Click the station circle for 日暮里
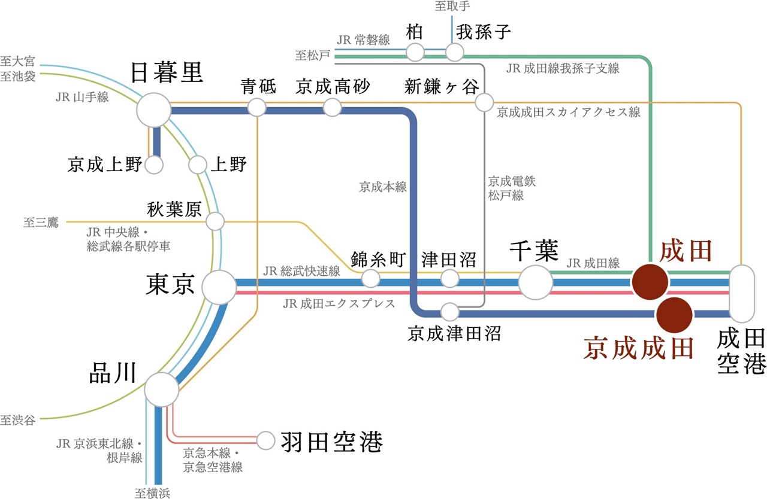point(154,110)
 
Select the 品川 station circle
point(162,390)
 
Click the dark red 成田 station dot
point(651,281)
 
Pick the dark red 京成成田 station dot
point(674,314)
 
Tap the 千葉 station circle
point(536,282)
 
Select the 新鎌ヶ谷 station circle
point(484,102)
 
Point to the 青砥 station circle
point(257,108)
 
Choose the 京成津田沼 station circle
point(449,312)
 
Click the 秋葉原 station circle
point(215,221)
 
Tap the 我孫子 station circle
point(455,53)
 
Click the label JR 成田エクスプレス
point(339,304)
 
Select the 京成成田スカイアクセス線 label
point(569,112)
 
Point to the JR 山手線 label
point(82,97)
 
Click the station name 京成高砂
point(333,87)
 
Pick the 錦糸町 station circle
point(371,278)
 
